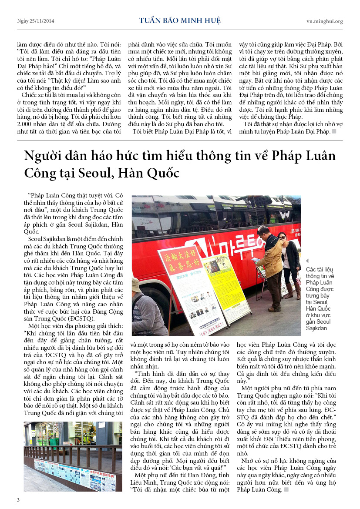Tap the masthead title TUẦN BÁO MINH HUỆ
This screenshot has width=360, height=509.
[180, 21]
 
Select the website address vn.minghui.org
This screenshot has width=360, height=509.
[324, 21]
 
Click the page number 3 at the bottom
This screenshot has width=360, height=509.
[18, 499]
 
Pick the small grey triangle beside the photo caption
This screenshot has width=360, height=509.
[308, 261]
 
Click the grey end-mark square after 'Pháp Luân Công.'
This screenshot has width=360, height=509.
[286, 490]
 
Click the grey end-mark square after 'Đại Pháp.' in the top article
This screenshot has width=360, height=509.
[334, 132]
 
